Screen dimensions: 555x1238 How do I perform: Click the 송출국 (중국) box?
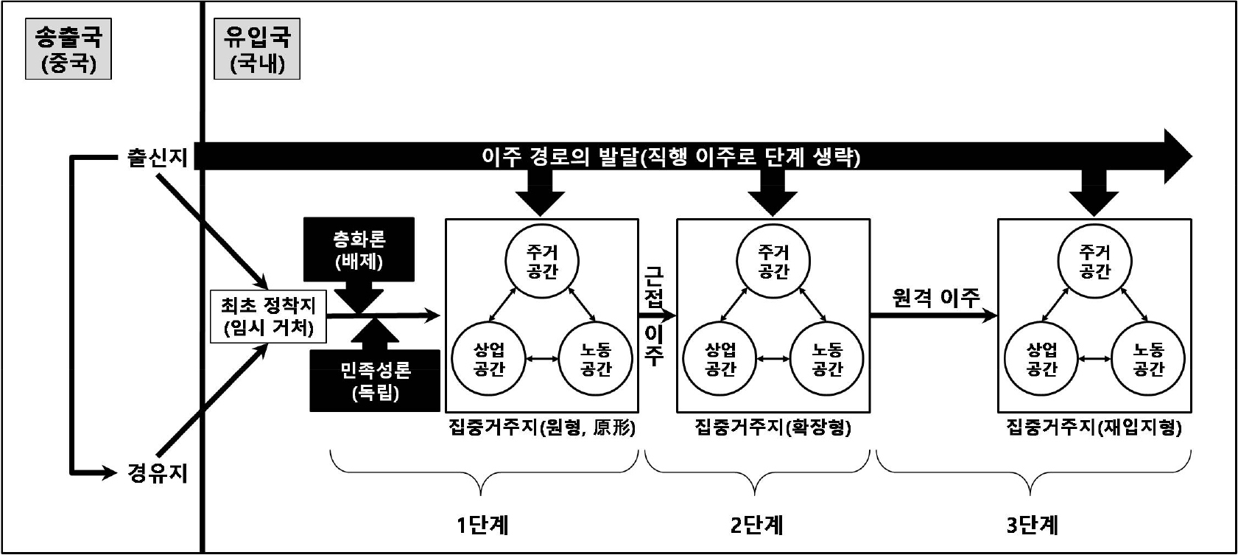click(x=68, y=49)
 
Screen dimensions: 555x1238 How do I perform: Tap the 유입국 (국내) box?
click(x=257, y=49)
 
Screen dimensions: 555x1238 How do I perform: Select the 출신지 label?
click(x=157, y=157)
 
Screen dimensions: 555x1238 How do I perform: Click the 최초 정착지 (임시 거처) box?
click(x=267, y=316)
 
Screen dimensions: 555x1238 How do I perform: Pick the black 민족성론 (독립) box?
click(x=375, y=380)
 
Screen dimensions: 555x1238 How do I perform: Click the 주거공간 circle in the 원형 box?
click(x=542, y=262)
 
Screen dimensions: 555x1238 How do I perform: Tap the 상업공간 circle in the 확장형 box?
click(x=720, y=359)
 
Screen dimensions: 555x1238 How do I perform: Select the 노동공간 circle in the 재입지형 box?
click(x=1147, y=359)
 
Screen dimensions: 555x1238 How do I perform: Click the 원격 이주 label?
click(x=935, y=298)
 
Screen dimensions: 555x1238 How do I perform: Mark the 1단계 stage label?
click(x=482, y=525)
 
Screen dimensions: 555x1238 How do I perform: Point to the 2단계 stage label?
click(x=756, y=525)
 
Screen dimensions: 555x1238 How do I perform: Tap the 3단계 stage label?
click(x=1033, y=525)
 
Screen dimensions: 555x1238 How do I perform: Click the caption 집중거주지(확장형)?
click(x=773, y=428)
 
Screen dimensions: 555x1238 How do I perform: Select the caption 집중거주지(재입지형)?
click(x=1094, y=428)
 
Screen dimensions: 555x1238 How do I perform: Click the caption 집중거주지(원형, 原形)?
click(x=541, y=428)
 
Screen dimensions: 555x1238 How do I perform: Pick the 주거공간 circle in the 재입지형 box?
click(x=1094, y=262)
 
